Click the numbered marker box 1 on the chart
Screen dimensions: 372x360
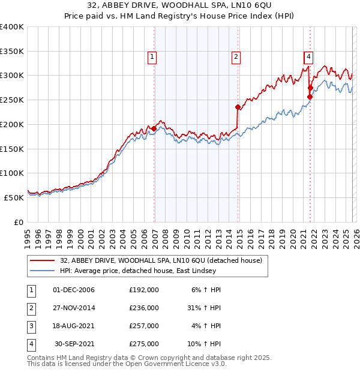pyautogui.click(x=152, y=57)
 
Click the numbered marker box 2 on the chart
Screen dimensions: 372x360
pyautogui.click(x=236, y=57)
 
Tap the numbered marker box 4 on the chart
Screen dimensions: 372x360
pyautogui.click(x=308, y=57)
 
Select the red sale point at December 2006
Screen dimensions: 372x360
pyautogui.click(x=154, y=128)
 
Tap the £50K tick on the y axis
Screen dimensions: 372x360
pyautogui.click(x=14, y=197)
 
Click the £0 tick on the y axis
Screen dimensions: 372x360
pyautogui.click(x=19, y=222)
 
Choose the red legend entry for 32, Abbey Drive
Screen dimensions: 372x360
pyautogui.click(x=161, y=261)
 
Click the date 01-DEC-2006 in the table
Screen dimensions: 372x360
pyautogui.click(x=74, y=290)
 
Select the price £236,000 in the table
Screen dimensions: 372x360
pyautogui.click(x=144, y=308)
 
